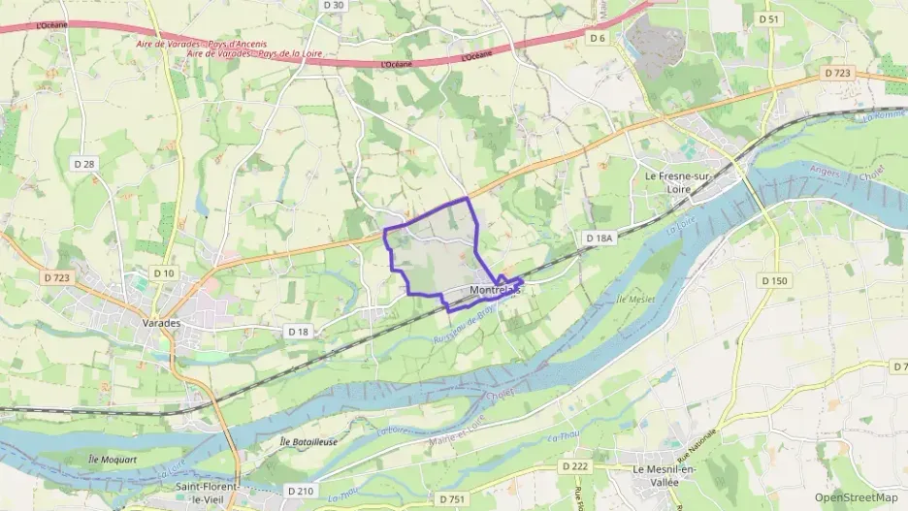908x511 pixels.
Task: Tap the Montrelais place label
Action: click(x=495, y=290)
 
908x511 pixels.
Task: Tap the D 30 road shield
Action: click(x=333, y=6)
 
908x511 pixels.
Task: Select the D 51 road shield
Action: click(x=769, y=18)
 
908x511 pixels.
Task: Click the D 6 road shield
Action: click(x=597, y=39)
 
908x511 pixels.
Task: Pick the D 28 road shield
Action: click(x=83, y=164)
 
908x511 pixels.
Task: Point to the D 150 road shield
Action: click(x=774, y=281)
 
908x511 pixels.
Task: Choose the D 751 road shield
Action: click(x=445, y=498)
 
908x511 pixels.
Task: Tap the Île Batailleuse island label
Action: click(x=308, y=441)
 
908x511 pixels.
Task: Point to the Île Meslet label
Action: click(x=635, y=301)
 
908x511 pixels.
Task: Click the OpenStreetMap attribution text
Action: click(x=856, y=497)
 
